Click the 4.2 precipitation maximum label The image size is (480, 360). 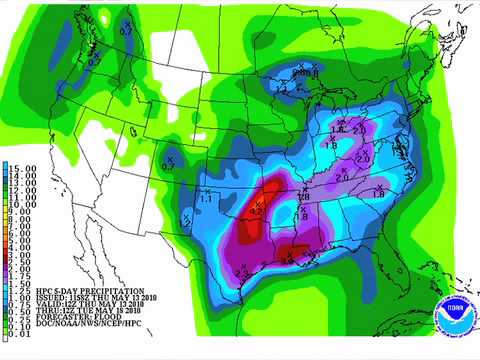pyautogui.click(x=255, y=211)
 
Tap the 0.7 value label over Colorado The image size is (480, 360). pyautogui.click(x=167, y=165)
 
